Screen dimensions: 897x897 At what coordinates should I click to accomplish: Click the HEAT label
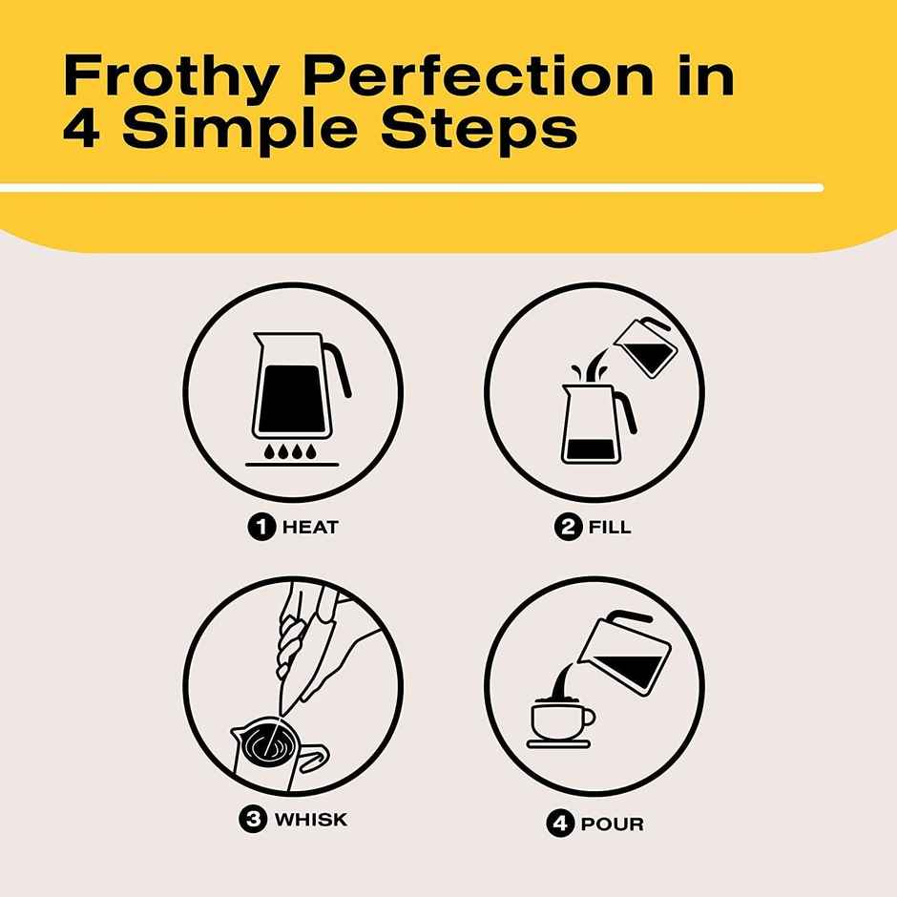(309, 527)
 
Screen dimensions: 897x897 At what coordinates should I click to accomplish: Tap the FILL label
(608, 527)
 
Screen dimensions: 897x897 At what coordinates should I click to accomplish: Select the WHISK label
(310, 820)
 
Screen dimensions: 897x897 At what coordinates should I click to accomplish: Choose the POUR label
(612, 823)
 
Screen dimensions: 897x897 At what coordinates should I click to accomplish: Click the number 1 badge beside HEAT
(261, 527)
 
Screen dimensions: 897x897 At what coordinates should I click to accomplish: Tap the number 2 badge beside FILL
(569, 527)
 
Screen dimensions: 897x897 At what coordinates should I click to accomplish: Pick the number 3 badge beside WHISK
(252, 820)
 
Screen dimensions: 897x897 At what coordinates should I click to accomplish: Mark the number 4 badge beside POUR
(559, 823)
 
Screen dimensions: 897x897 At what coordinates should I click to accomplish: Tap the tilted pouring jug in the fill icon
(646, 348)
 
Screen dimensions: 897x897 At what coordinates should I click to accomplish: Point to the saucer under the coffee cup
(559, 740)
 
